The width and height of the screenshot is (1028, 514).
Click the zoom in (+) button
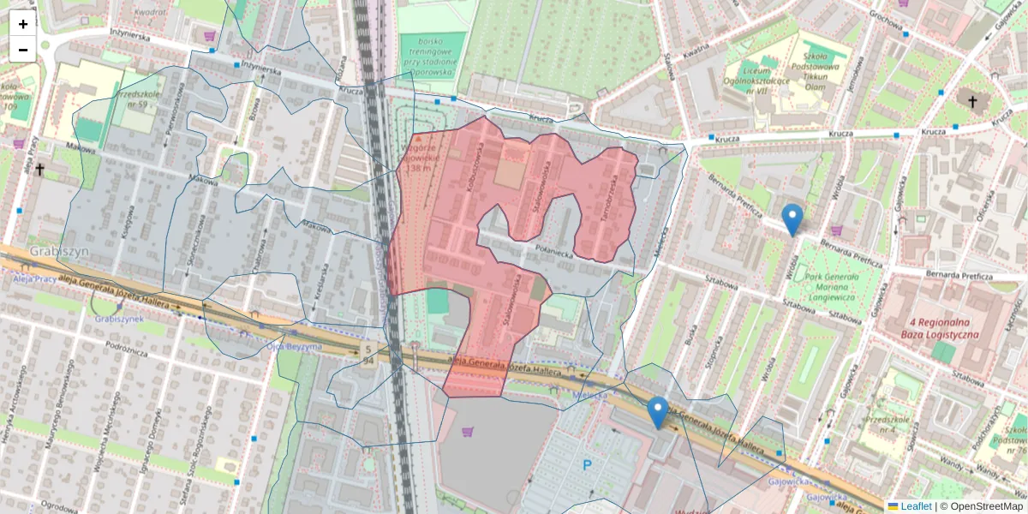pyautogui.click(x=23, y=24)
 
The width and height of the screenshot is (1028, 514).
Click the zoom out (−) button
pyautogui.click(x=23, y=50)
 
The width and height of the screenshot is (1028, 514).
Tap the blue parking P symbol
pyautogui.click(x=588, y=465)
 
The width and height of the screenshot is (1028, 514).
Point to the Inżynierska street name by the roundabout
pyautogui.click(x=124, y=37)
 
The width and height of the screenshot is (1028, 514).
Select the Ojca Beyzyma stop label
pyautogui.click(x=293, y=346)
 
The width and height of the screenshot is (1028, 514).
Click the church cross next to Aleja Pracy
pyautogui.click(x=39, y=170)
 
